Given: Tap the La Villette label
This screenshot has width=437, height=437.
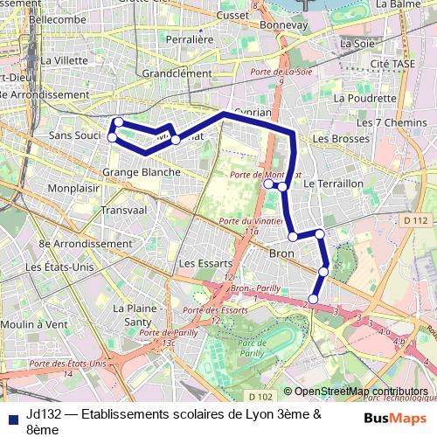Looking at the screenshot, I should click(x=65, y=60).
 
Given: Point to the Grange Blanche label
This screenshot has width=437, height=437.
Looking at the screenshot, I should click(x=142, y=172).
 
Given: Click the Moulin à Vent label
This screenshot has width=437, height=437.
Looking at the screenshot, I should click(x=34, y=323).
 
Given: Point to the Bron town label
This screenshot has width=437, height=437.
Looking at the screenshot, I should click(x=281, y=253).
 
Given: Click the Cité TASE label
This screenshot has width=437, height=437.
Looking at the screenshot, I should click(x=391, y=65).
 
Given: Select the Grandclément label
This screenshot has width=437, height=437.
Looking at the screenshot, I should click(x=177, y=74).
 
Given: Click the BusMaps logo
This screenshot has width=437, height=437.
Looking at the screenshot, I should click(x=396, y=418).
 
